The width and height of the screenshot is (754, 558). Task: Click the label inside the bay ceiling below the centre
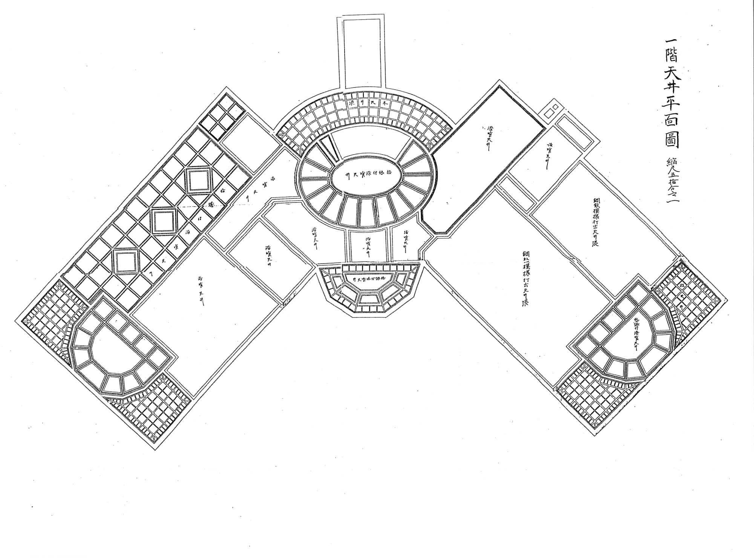coord(368,279)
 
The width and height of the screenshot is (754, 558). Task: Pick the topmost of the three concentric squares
coord(199,181)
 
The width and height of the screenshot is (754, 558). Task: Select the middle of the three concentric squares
coord(164,221)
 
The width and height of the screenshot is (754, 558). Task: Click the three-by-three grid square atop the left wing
coord(222,117)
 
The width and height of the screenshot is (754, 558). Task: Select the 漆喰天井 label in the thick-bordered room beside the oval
coord(488,138)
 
